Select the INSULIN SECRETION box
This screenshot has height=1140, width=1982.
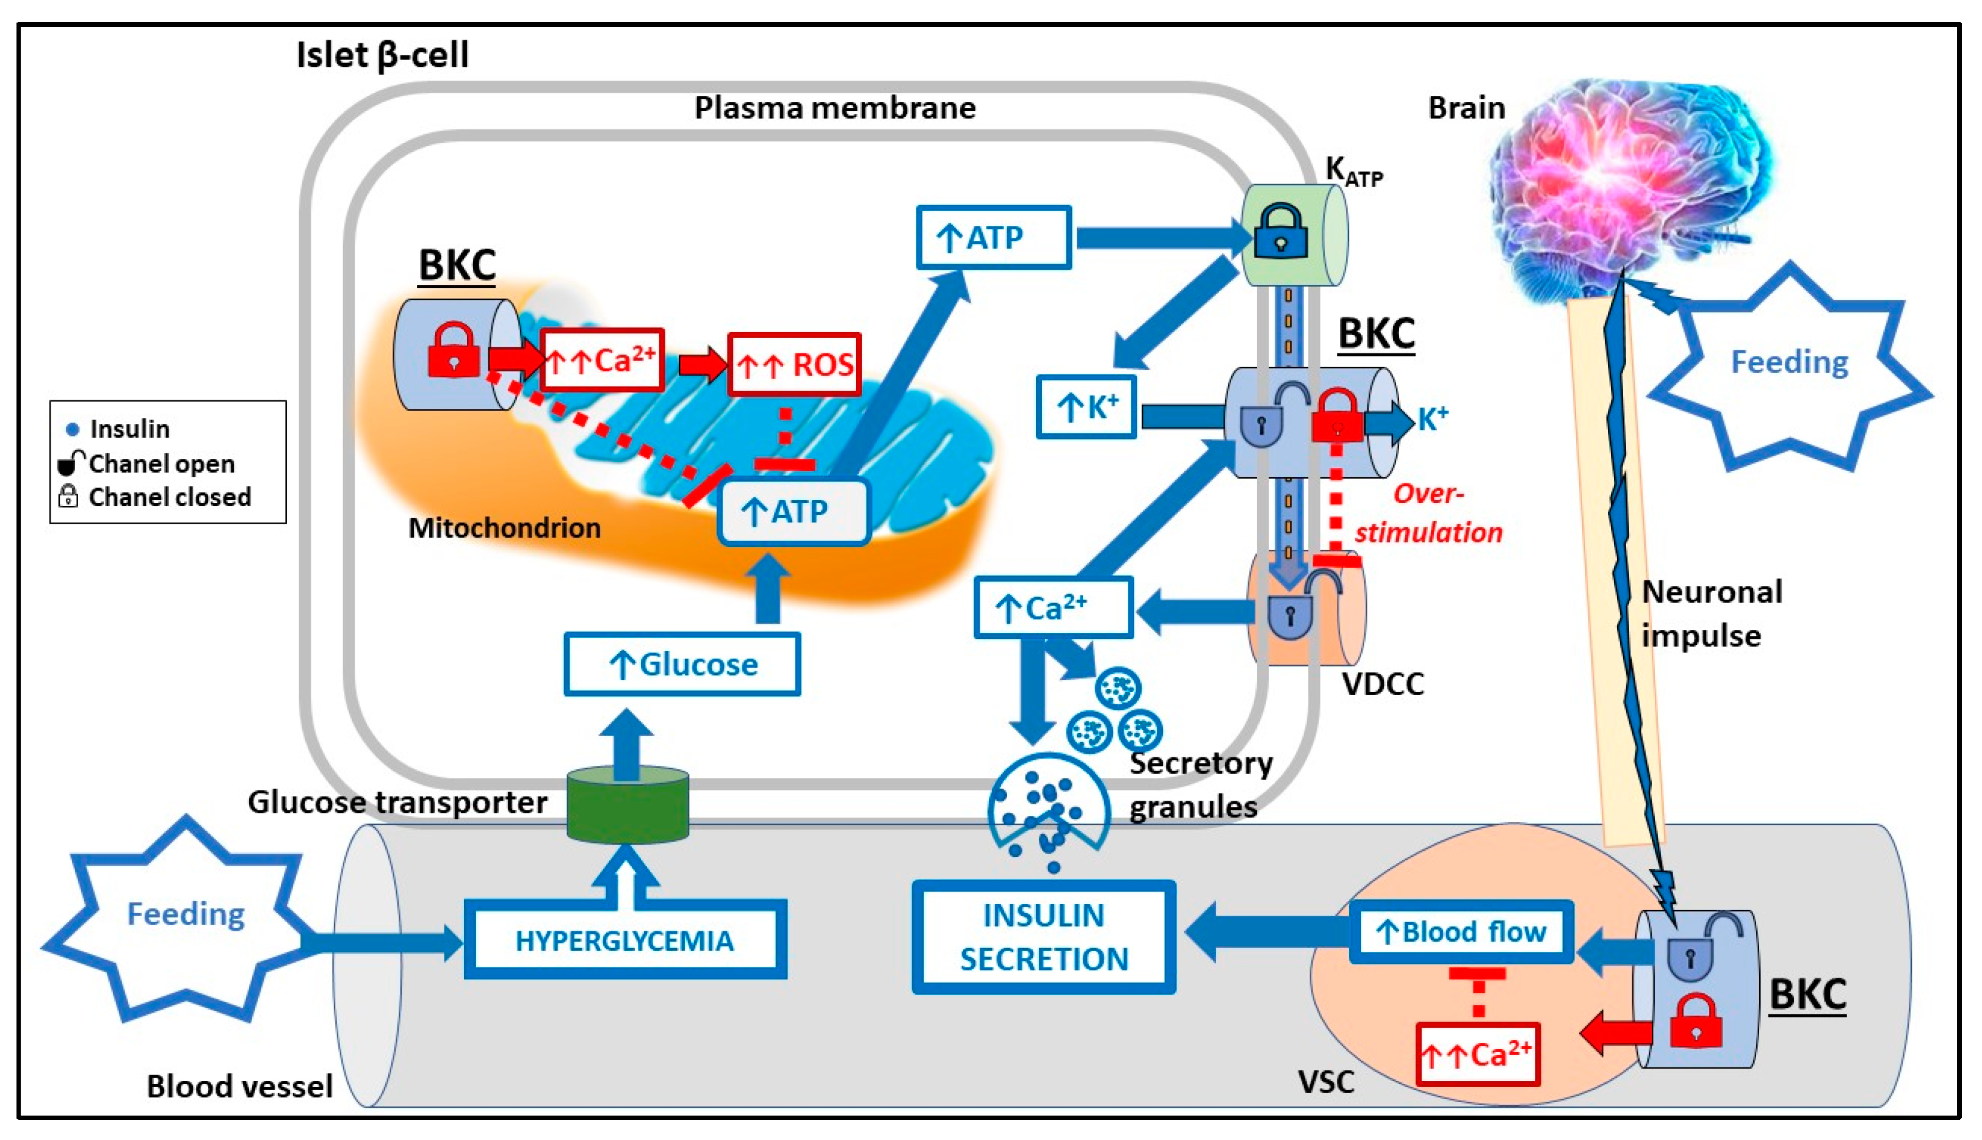tap(1044, 937)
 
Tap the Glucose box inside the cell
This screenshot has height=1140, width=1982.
tap(682, 665)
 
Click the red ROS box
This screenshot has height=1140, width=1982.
tap(794, 365)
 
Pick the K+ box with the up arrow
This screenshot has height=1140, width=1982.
tap(1086, 407)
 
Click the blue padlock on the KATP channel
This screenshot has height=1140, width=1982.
tap(1281, 232)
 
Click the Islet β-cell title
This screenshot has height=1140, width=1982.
tap(382, 56)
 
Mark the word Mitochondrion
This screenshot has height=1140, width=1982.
tap(504, 529)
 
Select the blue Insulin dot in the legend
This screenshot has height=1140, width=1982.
tap(73, 429)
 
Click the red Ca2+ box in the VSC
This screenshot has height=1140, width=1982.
tap(1478, 1055)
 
